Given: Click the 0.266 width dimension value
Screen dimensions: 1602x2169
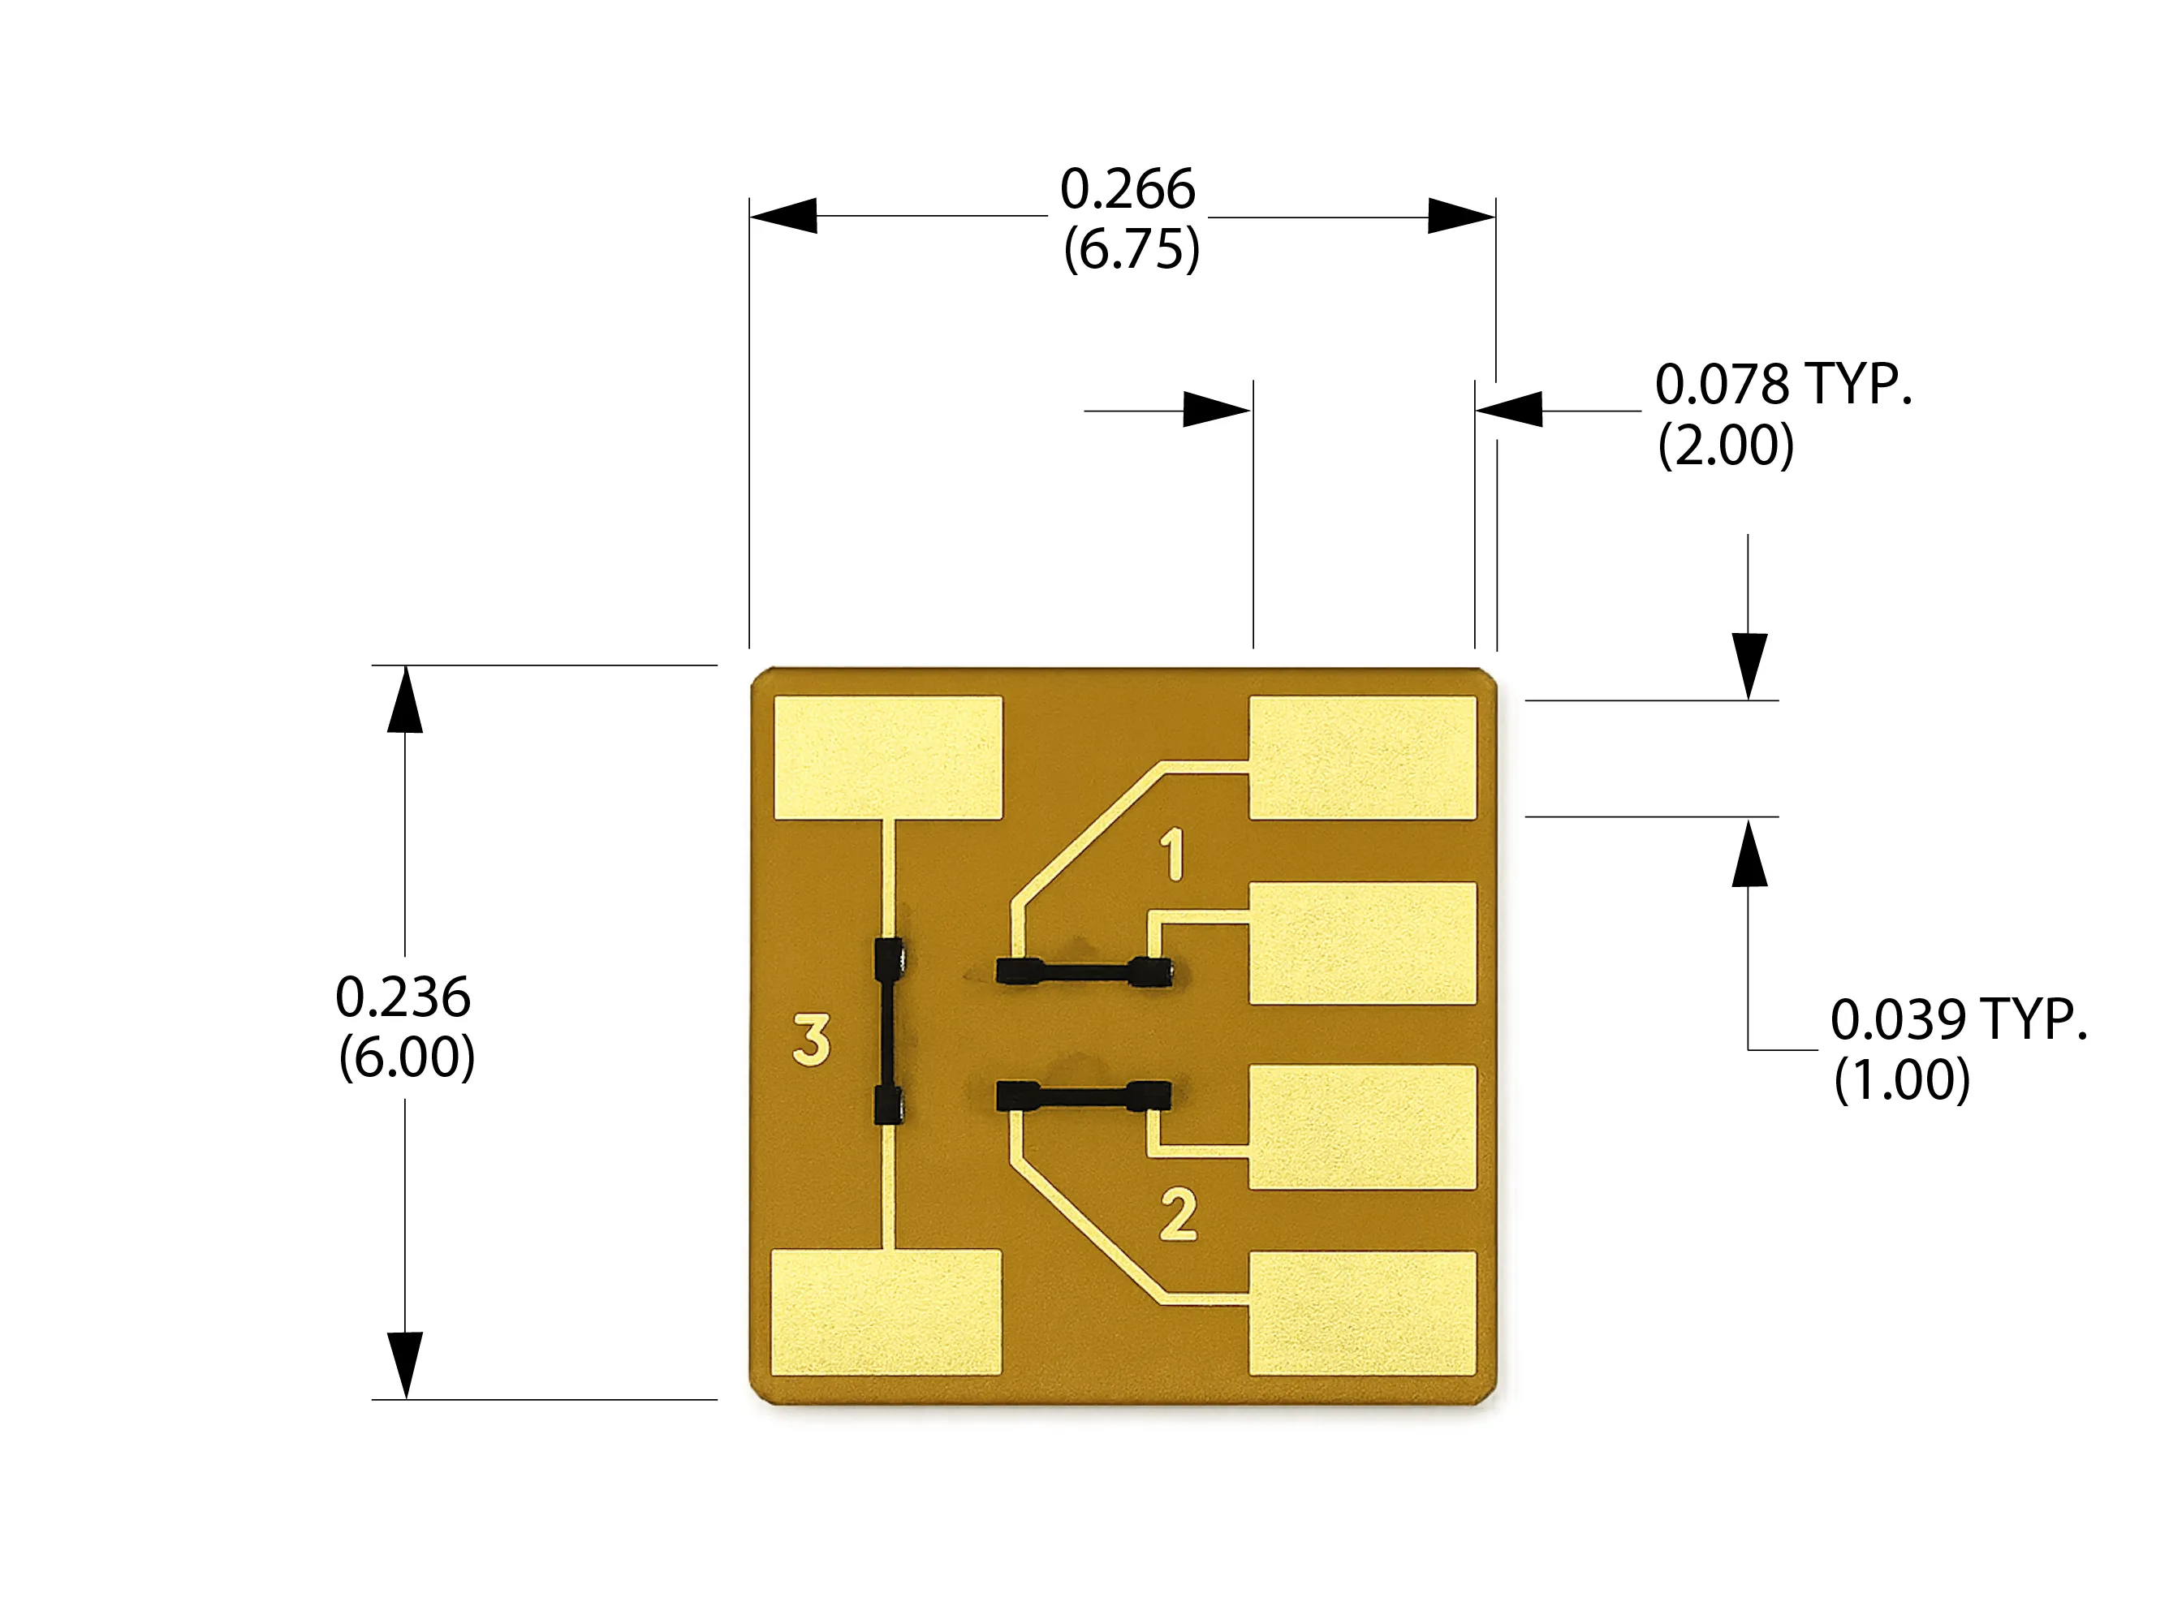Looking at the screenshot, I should [x=1128, y=189].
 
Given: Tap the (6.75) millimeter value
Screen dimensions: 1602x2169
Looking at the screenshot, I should [x=1131, y=249].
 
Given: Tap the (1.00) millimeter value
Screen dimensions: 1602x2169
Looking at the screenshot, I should [x=1901, y=1079].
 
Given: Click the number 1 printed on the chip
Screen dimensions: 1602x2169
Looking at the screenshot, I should [x=1173, y=855].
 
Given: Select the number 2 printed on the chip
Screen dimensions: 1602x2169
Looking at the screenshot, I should [x=1179, y=1215].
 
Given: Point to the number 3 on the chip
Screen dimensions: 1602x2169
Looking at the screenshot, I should [x=812, y=1040].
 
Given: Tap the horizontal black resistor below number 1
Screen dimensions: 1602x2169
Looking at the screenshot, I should [x=1084, y=971].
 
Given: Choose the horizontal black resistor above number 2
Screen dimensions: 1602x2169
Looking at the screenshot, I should [x=1084, y=1096].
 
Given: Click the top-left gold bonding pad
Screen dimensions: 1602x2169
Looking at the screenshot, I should [x=887, y=757].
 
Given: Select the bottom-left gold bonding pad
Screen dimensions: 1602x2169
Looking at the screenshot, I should [x=886, y=1312].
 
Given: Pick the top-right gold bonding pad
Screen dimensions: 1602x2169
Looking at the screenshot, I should [x=1362, y=757].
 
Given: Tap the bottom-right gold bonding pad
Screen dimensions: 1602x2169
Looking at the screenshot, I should [x=1362, y=1313].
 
